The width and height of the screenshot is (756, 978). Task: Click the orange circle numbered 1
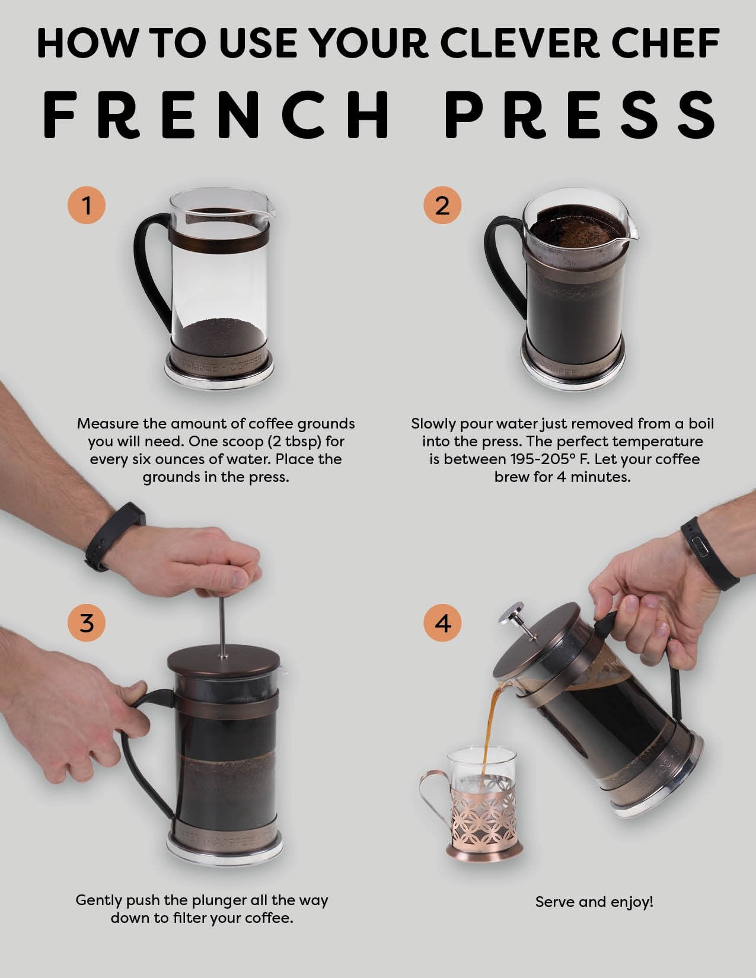87,206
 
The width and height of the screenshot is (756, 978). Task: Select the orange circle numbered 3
87,623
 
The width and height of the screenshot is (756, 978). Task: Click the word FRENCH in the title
217,113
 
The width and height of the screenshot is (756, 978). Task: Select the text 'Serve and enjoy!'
594,902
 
